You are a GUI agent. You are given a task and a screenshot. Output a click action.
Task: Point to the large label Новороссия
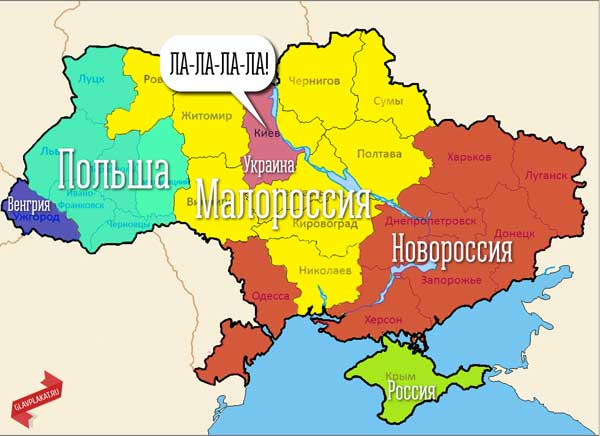point(452,245)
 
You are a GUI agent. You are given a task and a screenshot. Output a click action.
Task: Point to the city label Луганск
point(545,174)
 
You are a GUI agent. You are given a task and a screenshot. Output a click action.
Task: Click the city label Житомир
point(206,116)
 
